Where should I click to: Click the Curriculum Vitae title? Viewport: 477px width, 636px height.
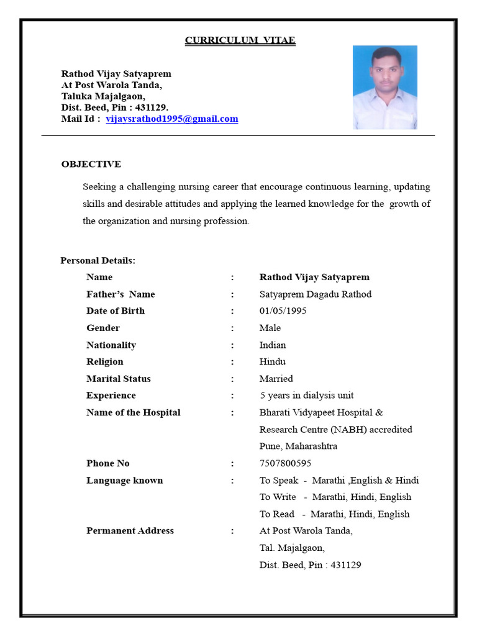(240, 40)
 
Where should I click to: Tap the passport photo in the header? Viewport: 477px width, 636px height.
(384, 88)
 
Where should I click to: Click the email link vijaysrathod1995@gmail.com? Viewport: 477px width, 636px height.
(172, 119)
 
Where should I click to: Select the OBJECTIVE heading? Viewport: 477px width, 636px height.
(91, 164)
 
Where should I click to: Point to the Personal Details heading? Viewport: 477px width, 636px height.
(98, 260)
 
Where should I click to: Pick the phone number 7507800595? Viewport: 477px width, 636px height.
(285, 463)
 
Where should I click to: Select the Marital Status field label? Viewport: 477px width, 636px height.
(118, 378)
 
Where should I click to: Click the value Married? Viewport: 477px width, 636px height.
(276, 378)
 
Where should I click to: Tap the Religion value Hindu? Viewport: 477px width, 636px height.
(272, 361)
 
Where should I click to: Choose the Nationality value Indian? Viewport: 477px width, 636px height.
(273, 345)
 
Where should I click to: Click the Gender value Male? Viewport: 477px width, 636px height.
(270, 327)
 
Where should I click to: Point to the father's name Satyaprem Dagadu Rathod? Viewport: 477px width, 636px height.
(315, 294)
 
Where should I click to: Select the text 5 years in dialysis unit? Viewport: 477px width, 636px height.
(306, 395)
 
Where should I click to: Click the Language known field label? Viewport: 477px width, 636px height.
(124, 480)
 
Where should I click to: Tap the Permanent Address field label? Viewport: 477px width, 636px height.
(130, 530)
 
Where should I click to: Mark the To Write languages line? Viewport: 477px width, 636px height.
(335, 497)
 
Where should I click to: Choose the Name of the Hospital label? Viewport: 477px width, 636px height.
(133, 412)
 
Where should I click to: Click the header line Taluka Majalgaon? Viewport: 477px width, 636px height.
(103, 96)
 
